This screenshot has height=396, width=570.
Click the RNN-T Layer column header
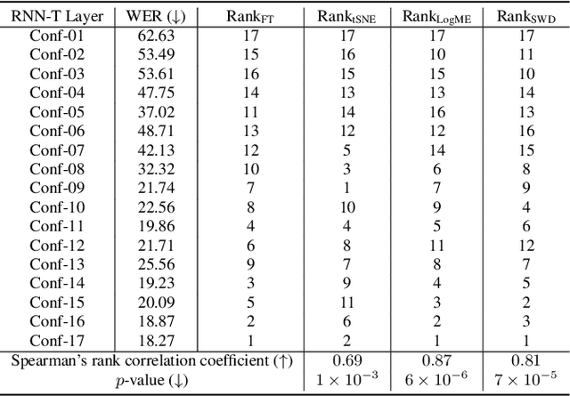coord(57,15)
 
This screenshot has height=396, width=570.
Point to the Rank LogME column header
coord(436,15)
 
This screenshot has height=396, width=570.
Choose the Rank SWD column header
coord(526,15)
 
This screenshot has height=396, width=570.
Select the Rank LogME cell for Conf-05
coord(436,112)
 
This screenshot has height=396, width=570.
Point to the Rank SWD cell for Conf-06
coord(526,131)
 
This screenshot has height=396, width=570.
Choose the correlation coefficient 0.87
coord(436,360)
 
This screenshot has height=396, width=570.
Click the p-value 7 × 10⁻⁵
coord(526,380)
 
